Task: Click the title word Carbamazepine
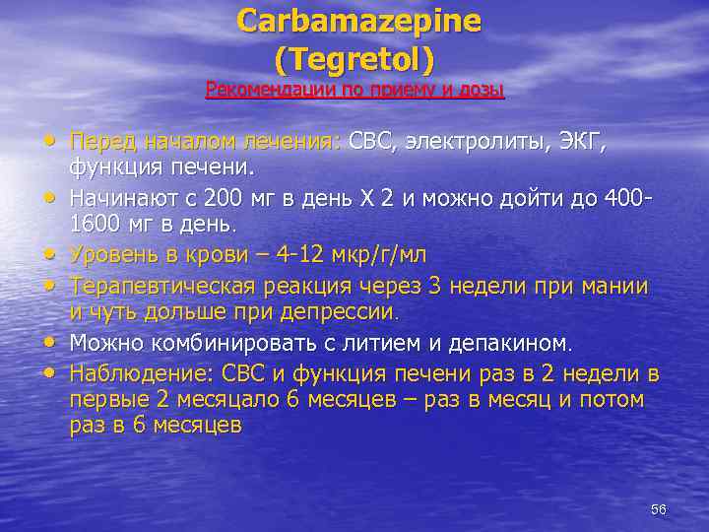pos(359,22)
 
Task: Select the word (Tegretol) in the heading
pos(354,61)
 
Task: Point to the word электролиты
pos(480,143)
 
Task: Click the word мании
pos(612,287)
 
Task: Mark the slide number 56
pos(659,508)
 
